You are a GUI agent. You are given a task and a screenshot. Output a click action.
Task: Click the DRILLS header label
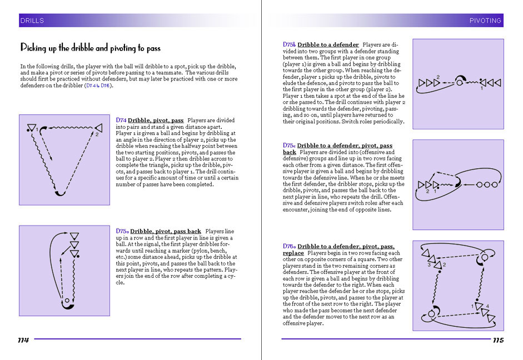[x=32, y=21]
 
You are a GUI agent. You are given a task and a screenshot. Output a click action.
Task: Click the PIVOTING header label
[x=485, y=21]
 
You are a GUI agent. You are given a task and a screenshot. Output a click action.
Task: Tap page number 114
[x=23, y=340]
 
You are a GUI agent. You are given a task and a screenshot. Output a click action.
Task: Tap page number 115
[x=498, y=340]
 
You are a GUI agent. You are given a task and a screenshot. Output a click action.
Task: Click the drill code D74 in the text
[x=121, y=120]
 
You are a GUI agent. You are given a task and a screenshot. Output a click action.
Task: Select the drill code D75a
[x=123, y=231]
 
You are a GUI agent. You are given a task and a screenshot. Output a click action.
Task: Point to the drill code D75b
[x=289, y=44]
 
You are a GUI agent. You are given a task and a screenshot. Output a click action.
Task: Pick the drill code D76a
[x=289, y=246]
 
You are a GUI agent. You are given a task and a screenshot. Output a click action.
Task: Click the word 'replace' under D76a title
[x=293, y=253]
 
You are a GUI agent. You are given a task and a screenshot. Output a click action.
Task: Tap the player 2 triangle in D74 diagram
[x=98, y=127]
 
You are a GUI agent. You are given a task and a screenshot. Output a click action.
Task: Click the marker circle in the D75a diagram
[x=68, y=301]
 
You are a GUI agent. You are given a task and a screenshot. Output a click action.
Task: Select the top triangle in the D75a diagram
[x=74, y=236]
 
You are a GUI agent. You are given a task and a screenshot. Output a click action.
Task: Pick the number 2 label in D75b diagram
[x=438, y=77]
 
